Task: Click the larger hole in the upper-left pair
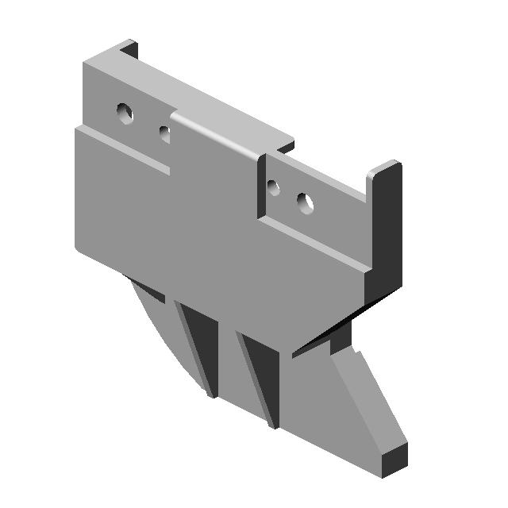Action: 125,114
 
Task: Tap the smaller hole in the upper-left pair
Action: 164,133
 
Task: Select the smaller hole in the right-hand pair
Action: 274,188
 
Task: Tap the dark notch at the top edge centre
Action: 286,147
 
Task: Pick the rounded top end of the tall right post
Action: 387,168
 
